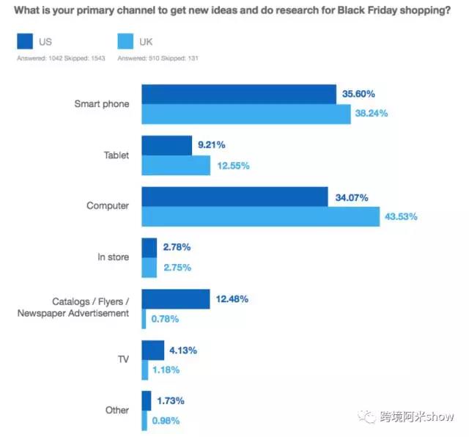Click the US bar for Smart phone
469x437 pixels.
[x=238, y=94]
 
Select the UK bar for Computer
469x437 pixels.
[x=260, y=216]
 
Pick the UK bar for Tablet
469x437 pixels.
[x=176, y=165]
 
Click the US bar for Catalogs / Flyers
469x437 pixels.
[x=176, y=298]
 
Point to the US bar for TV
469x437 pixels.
[x=152, y=350]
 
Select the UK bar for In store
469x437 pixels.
[x=149, y=267]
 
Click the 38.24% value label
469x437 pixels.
[x=372, y=114]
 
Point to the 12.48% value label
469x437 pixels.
[x=232, y=298]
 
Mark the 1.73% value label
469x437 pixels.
[x=169, y=401]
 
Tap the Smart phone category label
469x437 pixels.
[x=102, y=104]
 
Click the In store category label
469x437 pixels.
[x=113, y=257]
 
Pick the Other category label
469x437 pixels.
[x=117, y=411]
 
